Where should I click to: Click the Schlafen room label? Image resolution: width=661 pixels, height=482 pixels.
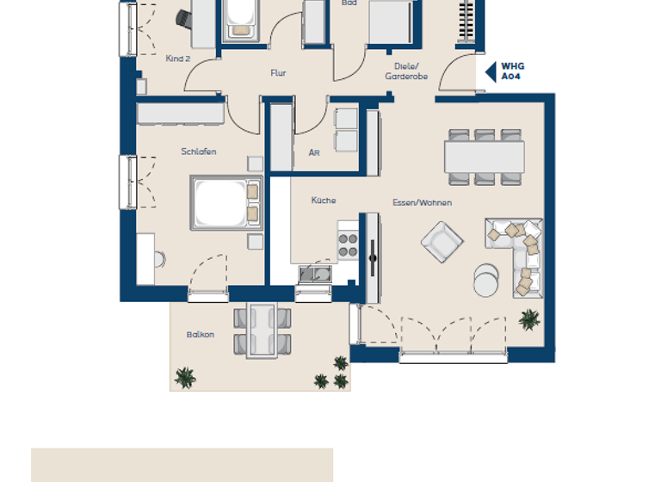coord(199,152)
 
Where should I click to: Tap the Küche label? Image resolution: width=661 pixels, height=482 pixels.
coord(324,201)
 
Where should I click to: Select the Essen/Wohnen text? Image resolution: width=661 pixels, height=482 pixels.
coord(422,203)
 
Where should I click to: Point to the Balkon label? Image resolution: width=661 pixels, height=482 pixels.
coord(201,335)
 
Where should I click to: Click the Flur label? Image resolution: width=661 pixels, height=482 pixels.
coord(278,74)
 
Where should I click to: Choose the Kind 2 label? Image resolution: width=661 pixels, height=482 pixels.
coord(177,59)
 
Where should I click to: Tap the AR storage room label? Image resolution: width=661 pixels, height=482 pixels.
coord(314,153)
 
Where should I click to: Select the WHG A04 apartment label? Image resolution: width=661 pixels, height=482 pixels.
coord(513,71)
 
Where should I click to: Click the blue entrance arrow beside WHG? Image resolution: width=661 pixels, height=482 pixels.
coord(490,71)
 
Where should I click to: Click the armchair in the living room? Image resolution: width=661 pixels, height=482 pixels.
coord(442,241)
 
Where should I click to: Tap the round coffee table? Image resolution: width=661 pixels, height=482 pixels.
coord(486,279)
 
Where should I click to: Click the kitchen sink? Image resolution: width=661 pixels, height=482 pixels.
coord(316,274)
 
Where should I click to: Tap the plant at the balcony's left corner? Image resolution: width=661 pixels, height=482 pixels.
coord(184,377)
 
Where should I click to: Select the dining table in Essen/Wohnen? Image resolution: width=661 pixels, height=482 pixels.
coord(484,157)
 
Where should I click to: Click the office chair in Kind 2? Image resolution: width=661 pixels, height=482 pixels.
coord(183,18)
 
